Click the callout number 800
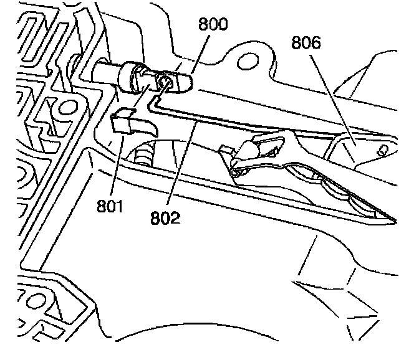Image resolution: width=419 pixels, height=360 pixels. tap(212, 26)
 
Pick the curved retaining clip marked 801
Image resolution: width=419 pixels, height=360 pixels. tap(133, 122)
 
